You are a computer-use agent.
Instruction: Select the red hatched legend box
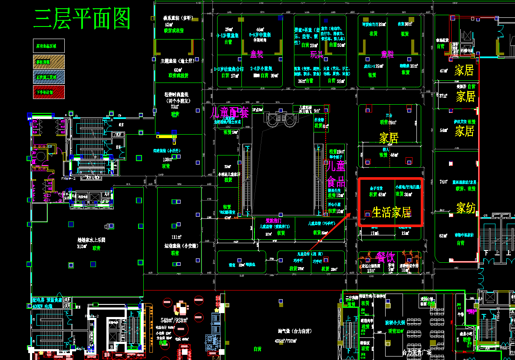[49, 92]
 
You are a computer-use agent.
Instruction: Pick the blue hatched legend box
[49, 77]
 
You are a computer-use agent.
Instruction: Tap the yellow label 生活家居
[391, 212]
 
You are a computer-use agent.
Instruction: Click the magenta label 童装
[257, 54]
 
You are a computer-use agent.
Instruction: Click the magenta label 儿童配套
[229, 112]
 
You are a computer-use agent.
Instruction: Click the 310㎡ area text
[82, 247]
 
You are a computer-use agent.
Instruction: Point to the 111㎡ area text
[176, 237]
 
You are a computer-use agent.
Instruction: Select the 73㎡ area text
[175, 107]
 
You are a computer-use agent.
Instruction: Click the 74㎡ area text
[443, 182]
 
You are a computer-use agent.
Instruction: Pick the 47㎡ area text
[443, 71]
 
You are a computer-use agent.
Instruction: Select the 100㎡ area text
[168, 159]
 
